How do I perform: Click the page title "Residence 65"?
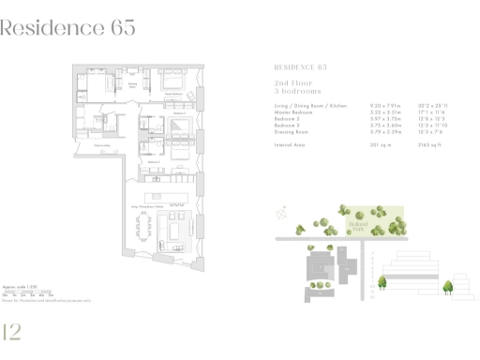coord(68,27)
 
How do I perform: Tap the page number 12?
coord(14,332)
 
